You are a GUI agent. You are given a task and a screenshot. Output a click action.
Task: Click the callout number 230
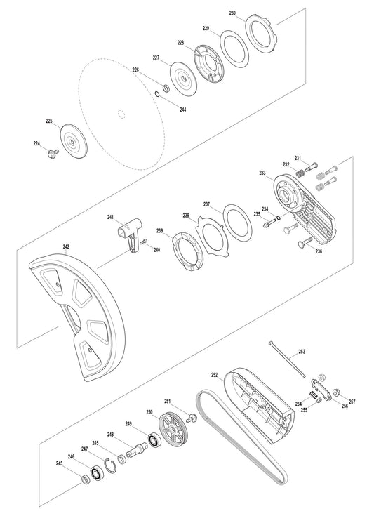pyautogui.click(x=233, y=13)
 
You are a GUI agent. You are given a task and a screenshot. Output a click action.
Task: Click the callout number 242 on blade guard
pyautogui.click(x=66, y=246)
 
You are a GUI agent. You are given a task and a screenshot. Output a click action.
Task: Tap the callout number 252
pyautogui.click(x=215, y=376)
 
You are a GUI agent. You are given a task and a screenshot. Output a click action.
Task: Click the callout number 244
pyautogui.click(x=182, y=110)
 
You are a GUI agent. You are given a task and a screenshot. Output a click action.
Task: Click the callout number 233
pyautogui.click(x=262, y=172)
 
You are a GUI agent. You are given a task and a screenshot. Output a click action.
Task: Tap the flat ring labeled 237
pyautogui.click(x=237, y=223)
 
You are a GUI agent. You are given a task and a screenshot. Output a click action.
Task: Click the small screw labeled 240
pyautogui.click(x=144, y=242)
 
